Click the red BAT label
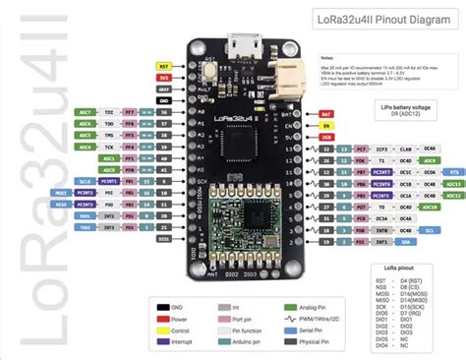click(x=326, y=115)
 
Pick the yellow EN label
click(x=326, y=126)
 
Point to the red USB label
click(x=326, y=137)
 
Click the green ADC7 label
click(x=86, y=111)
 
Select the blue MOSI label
click(x=61, y=194)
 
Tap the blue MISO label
click(x=61, y=205)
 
